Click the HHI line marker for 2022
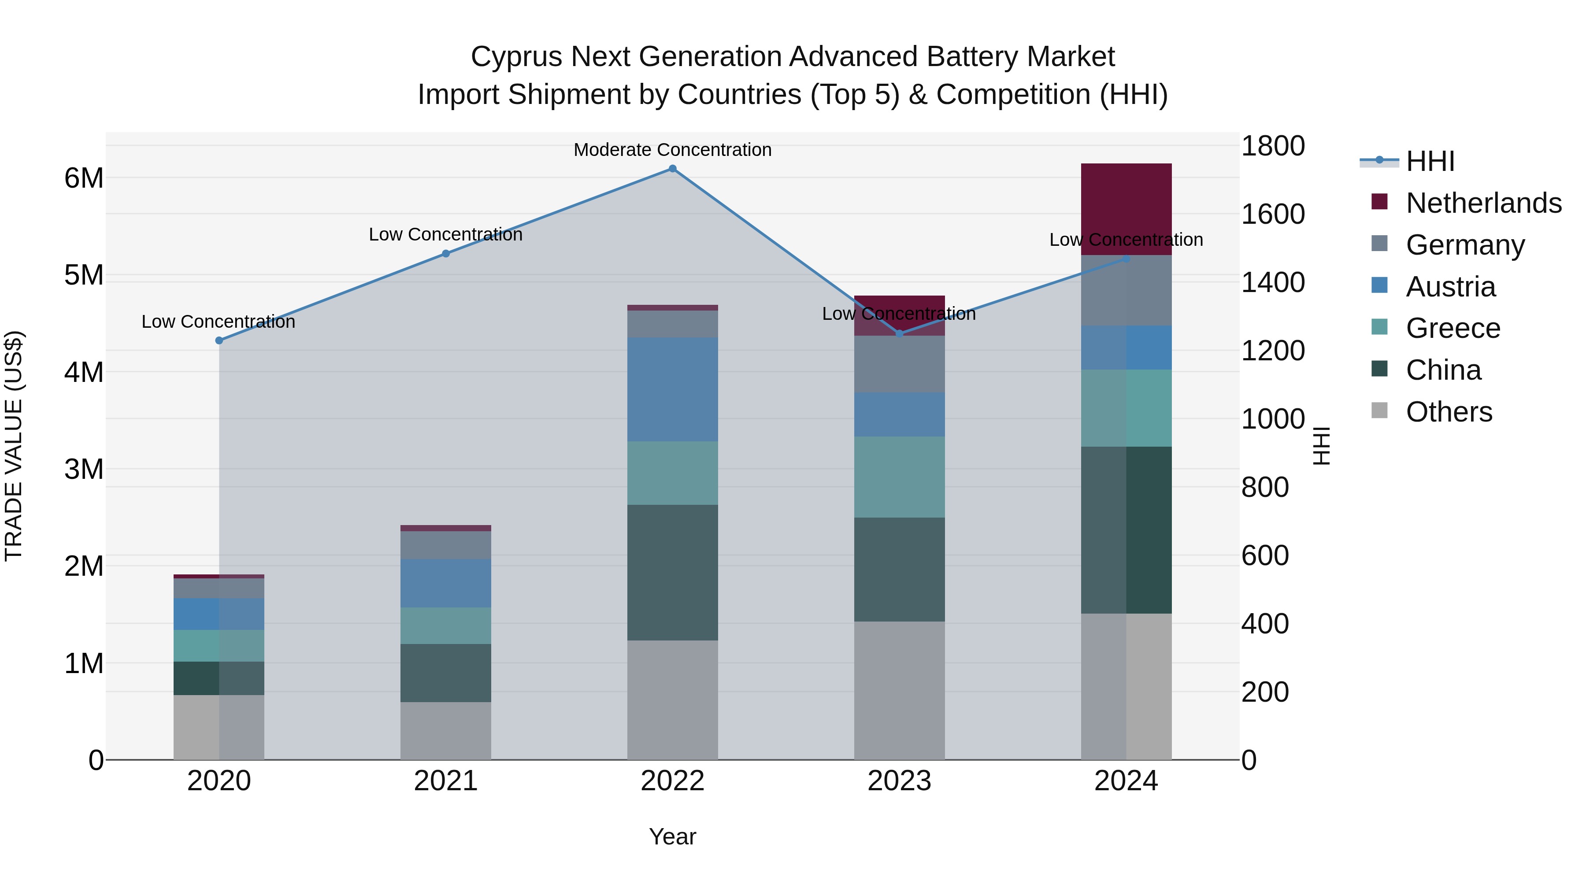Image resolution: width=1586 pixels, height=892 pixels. tap(672, 169)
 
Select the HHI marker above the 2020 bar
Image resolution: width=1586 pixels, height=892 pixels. tap(219, 341)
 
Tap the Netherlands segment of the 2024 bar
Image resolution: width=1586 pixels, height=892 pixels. tap(1126, 209)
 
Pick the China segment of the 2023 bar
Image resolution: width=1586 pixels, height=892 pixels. tap(899, 570)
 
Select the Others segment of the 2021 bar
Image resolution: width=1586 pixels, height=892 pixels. tap(446, 731)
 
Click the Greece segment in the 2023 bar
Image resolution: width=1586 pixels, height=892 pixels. tap(899, 477)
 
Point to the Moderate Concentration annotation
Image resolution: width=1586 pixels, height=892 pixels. tap(672, 150)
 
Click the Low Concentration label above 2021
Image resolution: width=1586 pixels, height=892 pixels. tap(446, 234)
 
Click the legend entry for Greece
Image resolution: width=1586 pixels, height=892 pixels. tap(1453, 328)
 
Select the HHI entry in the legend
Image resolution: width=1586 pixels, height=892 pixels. tap(1430, 161)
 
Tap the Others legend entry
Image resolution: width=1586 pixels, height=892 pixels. tap(1449, 412)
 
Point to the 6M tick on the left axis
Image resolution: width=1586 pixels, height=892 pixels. tap(84, 178)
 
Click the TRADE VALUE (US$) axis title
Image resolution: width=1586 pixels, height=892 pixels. tap(14, 446)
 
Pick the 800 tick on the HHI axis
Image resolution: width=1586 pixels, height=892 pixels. tap(1264, 488)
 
